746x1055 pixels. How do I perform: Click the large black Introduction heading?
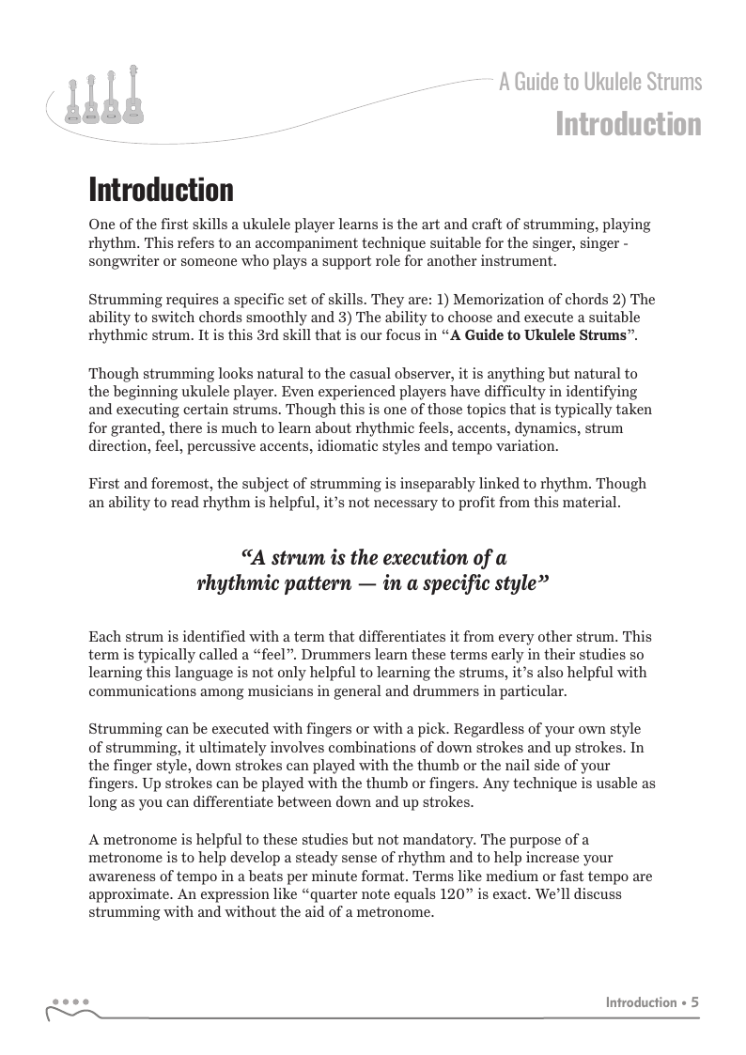click(161, 191)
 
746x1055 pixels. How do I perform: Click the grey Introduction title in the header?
click(628, 124)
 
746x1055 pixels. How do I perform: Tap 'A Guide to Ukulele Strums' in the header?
click(600, 83)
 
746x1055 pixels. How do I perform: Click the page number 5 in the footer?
click(695, 1002)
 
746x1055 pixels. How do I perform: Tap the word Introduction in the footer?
click(641, 1002)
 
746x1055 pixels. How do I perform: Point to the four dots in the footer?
click(70, 1001)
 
